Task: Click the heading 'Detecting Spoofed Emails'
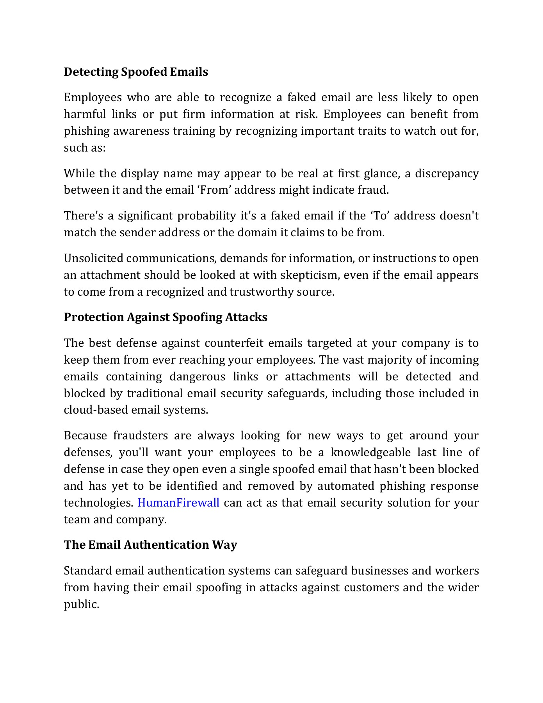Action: click(136, 72)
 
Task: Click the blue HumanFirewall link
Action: click(178, 503)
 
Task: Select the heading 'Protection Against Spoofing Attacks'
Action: click(166, 317)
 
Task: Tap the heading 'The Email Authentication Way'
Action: click(150, 545)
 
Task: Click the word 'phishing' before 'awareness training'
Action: click(87, 131)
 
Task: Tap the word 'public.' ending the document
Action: click(82, 605)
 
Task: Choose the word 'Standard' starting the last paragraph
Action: click(88, 571)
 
